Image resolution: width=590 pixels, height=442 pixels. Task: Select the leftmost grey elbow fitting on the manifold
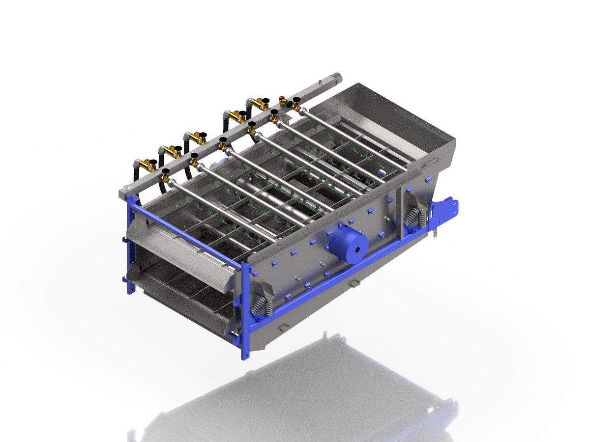click(138, 163)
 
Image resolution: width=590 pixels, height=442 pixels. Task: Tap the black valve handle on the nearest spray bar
click(166, 172)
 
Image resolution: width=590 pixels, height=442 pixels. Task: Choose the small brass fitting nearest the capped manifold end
click(283, 101)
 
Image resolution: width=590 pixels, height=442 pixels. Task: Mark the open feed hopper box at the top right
click(388, 118)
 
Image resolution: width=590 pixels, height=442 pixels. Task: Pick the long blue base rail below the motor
click(334, 275)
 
